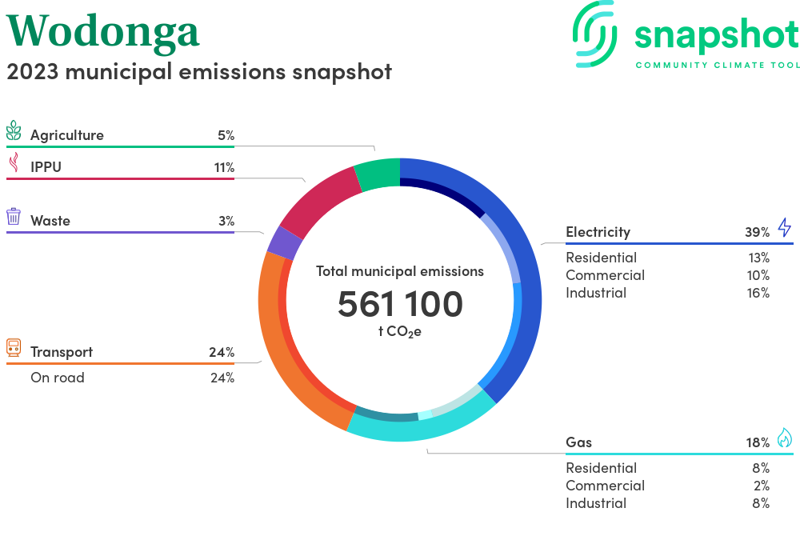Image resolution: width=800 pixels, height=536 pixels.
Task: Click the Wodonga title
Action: point(103,30)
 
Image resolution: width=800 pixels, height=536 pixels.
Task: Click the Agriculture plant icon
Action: point(14,131)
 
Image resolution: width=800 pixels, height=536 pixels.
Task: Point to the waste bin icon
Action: point(14,217)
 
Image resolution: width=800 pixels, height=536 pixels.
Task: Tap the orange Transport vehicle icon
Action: point(14,347)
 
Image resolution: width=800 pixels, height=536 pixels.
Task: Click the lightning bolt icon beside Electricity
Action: point(784,228)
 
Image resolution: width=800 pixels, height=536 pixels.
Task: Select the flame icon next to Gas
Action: point(784,438)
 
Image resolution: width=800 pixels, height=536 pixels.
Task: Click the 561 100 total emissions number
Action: point(400,305)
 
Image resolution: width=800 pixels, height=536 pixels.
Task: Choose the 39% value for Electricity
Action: point(757,233)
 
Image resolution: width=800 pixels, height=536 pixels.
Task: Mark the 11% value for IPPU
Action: point(223,168)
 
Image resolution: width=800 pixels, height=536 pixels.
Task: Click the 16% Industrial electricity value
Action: point(758,293)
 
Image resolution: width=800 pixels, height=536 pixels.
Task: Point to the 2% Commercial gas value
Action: point(761,486)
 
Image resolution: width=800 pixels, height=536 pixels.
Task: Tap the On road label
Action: point(58,378)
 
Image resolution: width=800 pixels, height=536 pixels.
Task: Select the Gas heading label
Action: point(578,442)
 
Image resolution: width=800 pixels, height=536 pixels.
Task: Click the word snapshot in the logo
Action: point(717,35)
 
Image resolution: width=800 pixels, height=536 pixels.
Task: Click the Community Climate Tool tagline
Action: point(717,65)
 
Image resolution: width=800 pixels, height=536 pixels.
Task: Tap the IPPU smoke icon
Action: point(14,163)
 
